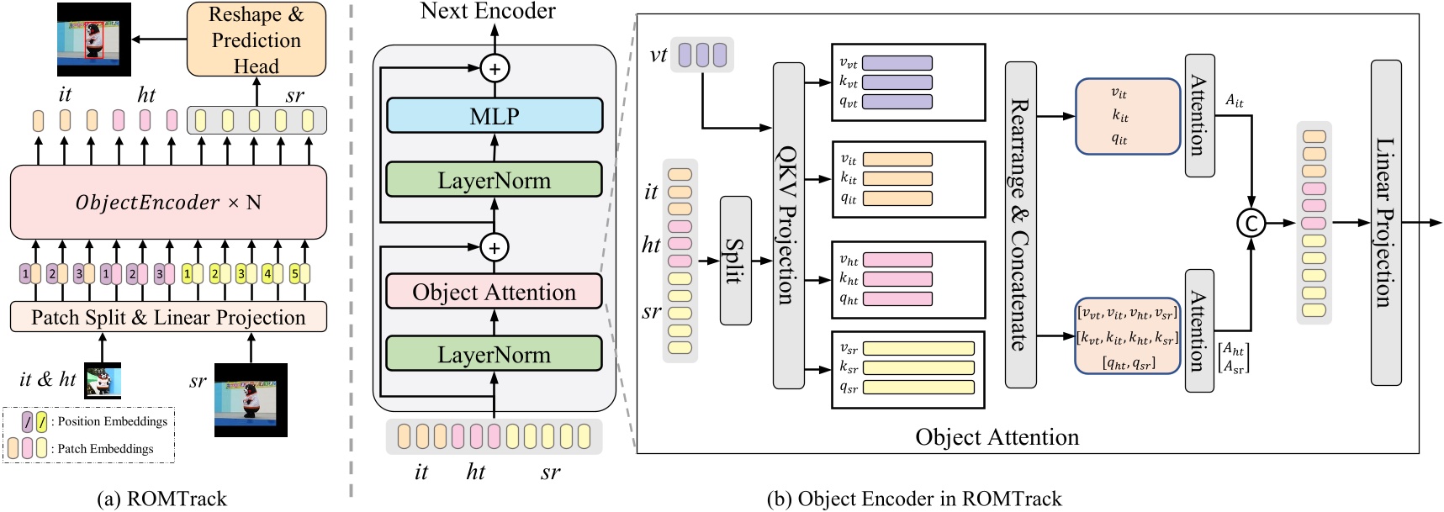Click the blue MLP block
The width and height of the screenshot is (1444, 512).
[495, 116]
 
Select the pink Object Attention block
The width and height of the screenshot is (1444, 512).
[495, 292]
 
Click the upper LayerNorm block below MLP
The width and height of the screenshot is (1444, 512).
[495, 180]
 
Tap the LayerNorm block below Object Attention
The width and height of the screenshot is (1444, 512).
[495, 354]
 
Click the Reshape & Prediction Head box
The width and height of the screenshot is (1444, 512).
[256, 40]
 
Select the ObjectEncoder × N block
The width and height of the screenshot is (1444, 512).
[168, 202]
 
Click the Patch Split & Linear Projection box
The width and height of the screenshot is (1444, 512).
[168, 317]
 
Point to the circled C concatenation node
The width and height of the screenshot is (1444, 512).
[1251, 223]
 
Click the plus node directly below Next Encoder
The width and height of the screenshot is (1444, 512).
[495, 68]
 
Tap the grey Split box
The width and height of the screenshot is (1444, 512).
[735, 261]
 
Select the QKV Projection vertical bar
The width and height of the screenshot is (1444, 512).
[788, 224]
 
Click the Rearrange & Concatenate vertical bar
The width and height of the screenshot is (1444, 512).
[1020, 224]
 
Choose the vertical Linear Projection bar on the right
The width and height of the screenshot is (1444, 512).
[1385, 223]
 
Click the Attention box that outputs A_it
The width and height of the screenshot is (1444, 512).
[1199, 115]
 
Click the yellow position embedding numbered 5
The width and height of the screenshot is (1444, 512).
[296, 273]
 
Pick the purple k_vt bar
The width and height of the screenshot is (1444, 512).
[897, 82]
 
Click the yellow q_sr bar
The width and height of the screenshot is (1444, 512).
[918, 388]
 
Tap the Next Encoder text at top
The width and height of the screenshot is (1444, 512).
[488, 11]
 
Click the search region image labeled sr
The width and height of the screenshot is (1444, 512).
[251, 399]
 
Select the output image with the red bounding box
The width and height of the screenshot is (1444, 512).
[93, 40]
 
